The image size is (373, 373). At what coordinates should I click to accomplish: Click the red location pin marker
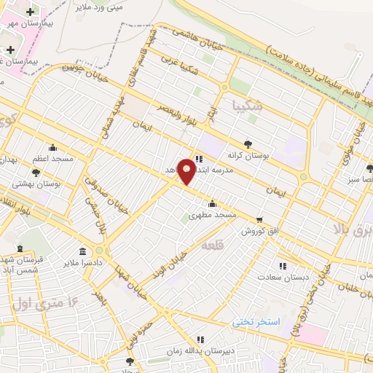click(x=187, y=171)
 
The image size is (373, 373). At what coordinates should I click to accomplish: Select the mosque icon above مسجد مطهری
click(x=212, y=203)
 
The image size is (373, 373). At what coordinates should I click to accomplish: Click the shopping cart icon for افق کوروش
click(x=259, y=219)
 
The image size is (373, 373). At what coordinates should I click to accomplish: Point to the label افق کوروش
click(x=261, y=230)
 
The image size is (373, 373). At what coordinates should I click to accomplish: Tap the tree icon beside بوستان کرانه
click(x=248, y=144)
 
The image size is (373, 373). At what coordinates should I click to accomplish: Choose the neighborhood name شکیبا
click(x=243, y=106)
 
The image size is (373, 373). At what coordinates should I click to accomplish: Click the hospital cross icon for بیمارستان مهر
click(x=30, y=12)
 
